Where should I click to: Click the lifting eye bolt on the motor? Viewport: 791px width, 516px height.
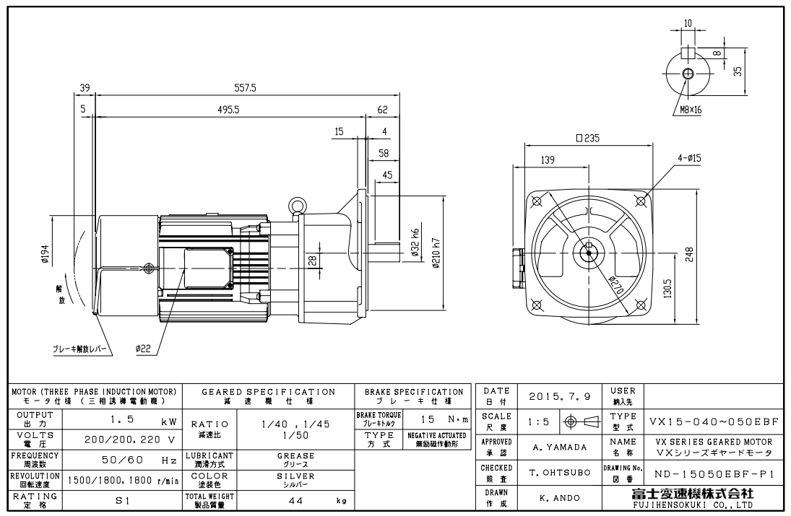coord(295,206)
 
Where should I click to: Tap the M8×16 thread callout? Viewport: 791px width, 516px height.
coord(690,110)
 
